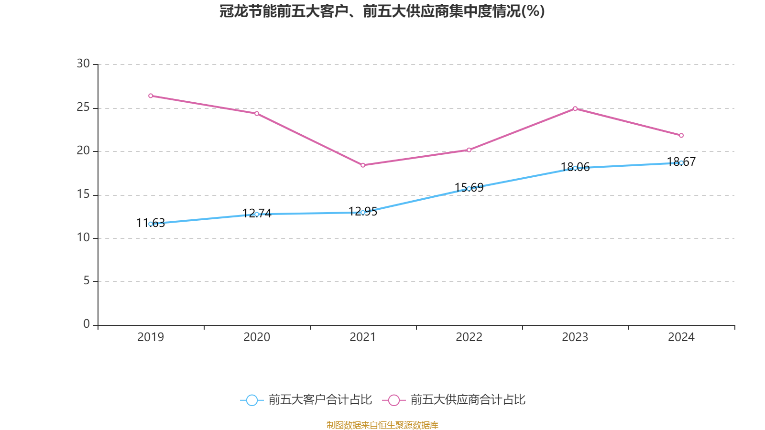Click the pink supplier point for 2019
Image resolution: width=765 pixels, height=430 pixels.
pyautogui.click(x=151, y=96)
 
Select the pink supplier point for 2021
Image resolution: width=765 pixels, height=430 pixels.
pyautogui.click(x=363, y=165)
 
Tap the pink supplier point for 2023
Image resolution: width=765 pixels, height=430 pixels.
pyautogui.click(x=575, y=108)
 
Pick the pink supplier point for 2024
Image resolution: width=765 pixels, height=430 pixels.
pyautogui.click(x=681, y=135)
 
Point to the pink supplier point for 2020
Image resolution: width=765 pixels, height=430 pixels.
pyautogui.click(x=257, y=113)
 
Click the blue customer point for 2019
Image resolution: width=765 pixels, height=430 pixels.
pyautogui.click(x=151, y=224)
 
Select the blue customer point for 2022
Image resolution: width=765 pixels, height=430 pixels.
pyautogui.click(x=469, y=189)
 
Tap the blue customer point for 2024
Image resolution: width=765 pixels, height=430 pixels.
pyautogui.click(x=681, y=163)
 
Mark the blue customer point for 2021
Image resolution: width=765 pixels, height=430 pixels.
pyautogui.click(x=363, y=212)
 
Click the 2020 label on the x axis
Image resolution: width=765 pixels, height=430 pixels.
pyautogui.click(x=257, y=337)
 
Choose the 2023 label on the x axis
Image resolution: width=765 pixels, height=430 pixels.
pyautogui.click(x=575, y=337)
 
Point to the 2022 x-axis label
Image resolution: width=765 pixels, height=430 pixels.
pyautogui.click(x=469, y=337)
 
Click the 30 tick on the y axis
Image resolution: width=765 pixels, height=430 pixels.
pyautogui.click(x=83, y=64)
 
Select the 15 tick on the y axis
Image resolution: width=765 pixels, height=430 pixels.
pyautogui.click(x=83, y=194)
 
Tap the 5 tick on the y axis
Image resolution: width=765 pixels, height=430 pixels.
pyautogui.click(x=87, y=280)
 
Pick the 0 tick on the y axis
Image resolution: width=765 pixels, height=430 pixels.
pyautogui.click(x=87, y=324)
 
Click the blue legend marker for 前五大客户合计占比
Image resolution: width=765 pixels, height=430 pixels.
pyautogui.click(x=251, y=400)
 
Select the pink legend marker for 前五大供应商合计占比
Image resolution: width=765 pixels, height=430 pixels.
pyautogui.click(x=394, y=400)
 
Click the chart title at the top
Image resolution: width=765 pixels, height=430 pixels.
pyautogui.click(x=382, y=11)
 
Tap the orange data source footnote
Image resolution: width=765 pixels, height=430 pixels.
pyautogui.click(x=382, y=425)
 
